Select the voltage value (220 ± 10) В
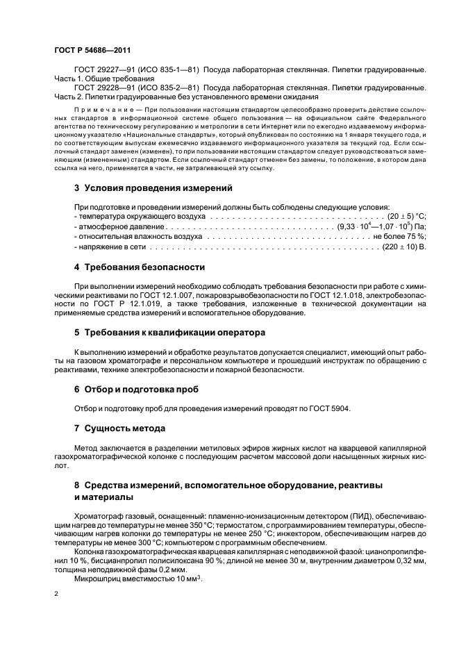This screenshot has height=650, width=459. tap(403, 246)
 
